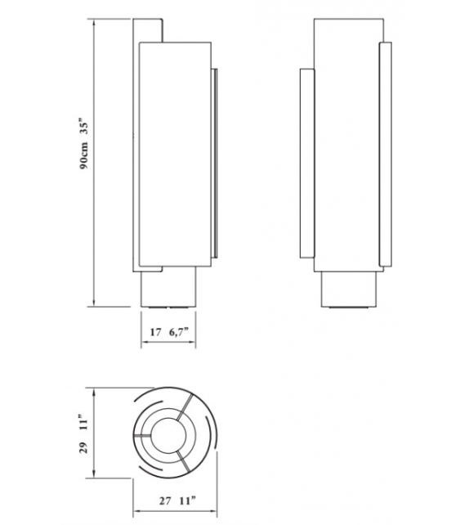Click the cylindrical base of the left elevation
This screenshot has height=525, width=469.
(170, 290)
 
